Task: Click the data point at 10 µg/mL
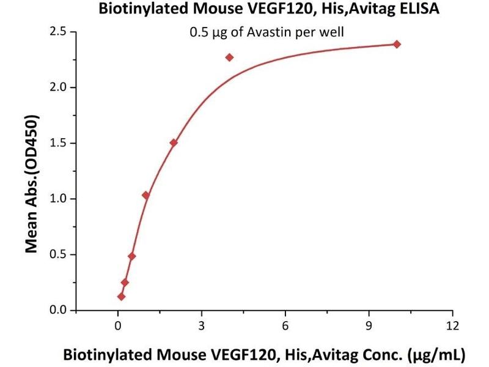tap(397, 44)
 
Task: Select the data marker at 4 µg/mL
tap(229, 57)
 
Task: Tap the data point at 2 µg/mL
tap(174, 143)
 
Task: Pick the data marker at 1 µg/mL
tap(145, 195)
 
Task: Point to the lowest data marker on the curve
tap(121, 297)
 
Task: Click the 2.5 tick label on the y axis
tap(59, 32)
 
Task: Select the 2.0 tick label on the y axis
tap(59, 87)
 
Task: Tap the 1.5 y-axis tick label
tap(59, 143)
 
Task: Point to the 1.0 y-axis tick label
tap(59, 199)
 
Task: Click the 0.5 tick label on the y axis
tap(59, 254)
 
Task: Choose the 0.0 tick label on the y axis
tap(59, 310)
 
